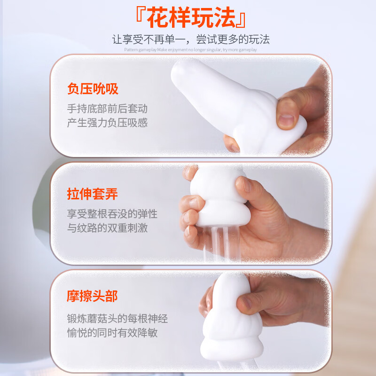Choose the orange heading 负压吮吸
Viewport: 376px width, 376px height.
click(x=93, y=89)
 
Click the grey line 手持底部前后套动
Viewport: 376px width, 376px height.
click(x=107, y=109)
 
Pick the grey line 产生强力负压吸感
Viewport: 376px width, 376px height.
click(x=107, y=123)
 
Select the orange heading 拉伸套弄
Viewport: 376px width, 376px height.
click(x=93, y=194)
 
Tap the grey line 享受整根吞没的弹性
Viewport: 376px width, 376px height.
click(x=112, y=214)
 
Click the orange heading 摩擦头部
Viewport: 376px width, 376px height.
click(x=93, y=296)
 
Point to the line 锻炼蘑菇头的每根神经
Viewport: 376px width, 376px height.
click(x=117, y=319)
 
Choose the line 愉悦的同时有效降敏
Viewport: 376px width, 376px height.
click(x=112, y=333)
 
